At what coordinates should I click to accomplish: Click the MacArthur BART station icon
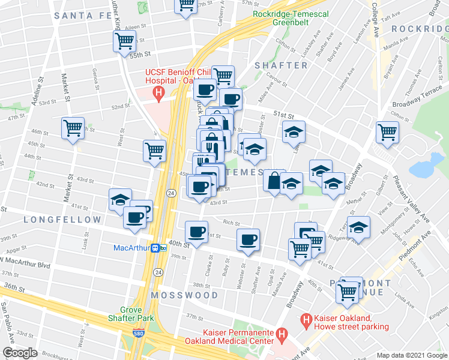click(x=158, y=247)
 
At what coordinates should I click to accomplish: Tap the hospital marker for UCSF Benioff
click(x=158, y=92)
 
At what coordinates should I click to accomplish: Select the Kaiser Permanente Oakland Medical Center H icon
click(x=280, y=334)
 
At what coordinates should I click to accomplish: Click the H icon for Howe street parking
click(x=307, y=322)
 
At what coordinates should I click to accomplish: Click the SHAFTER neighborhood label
click(x=281, y=65)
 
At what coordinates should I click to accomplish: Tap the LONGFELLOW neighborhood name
click(x=62, y=220)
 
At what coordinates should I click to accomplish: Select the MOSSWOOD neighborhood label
click(x=185, y=296)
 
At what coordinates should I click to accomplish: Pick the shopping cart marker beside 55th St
click(x=124, y=41)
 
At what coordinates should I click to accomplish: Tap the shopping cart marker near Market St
click(x=73, y=128)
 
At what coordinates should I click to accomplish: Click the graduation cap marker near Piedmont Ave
click(x=358, y=227)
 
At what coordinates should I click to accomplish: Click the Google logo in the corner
click(x=20, y=353)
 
